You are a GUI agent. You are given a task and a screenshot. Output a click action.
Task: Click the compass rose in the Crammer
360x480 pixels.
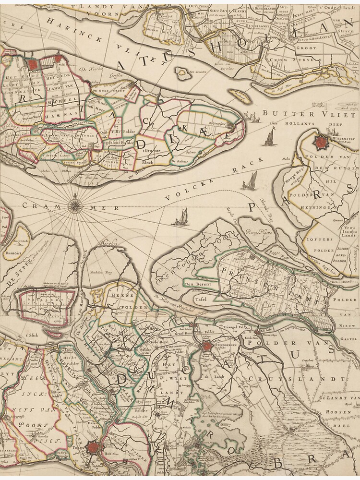[x=75, y=206]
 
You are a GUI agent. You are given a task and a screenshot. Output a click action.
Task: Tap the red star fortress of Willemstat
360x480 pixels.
[x=321, y=142]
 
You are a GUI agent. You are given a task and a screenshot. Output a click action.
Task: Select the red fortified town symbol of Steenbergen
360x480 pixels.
[x=207, y=347]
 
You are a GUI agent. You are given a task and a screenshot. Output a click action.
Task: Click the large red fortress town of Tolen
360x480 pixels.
[x=94, y=448]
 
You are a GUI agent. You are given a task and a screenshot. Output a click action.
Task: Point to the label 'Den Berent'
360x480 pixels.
[x=194, y=284]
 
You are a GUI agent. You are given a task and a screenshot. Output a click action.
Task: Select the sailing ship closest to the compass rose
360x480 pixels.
[x=181, y=218]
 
